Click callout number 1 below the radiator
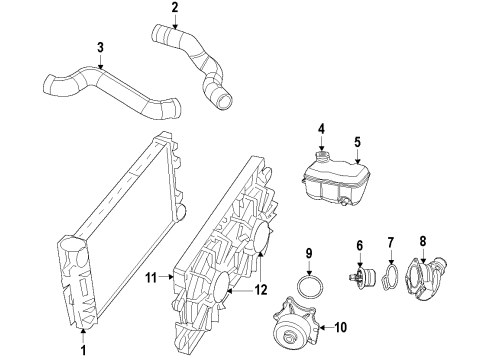click(82, 350)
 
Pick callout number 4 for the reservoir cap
click(321, 127)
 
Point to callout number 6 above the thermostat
click(359, 246)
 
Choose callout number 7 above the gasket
click(392, 242)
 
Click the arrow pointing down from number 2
click(175, 24)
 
